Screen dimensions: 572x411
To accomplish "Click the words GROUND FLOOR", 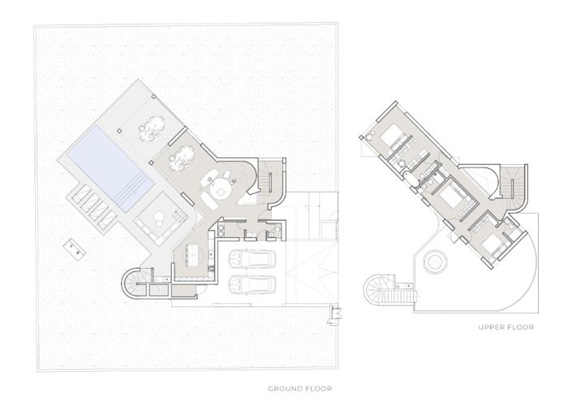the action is click(x=300, y=389).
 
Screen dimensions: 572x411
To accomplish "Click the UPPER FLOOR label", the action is click(x=506, y=327).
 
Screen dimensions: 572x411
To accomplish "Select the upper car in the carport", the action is click(x=252, y=259).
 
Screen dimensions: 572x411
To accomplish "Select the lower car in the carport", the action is click(x=252, y=284).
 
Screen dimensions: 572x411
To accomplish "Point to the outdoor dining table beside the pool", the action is click(x=151, y=128).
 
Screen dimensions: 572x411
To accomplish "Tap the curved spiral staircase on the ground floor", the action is click(x=134, y=283).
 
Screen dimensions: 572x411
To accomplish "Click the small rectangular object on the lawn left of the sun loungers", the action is click(x=75, y=249).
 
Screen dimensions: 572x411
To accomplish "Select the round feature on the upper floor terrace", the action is click(x=435, y=262).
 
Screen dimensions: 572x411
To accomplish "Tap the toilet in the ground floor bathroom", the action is click(x=277, y=229).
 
